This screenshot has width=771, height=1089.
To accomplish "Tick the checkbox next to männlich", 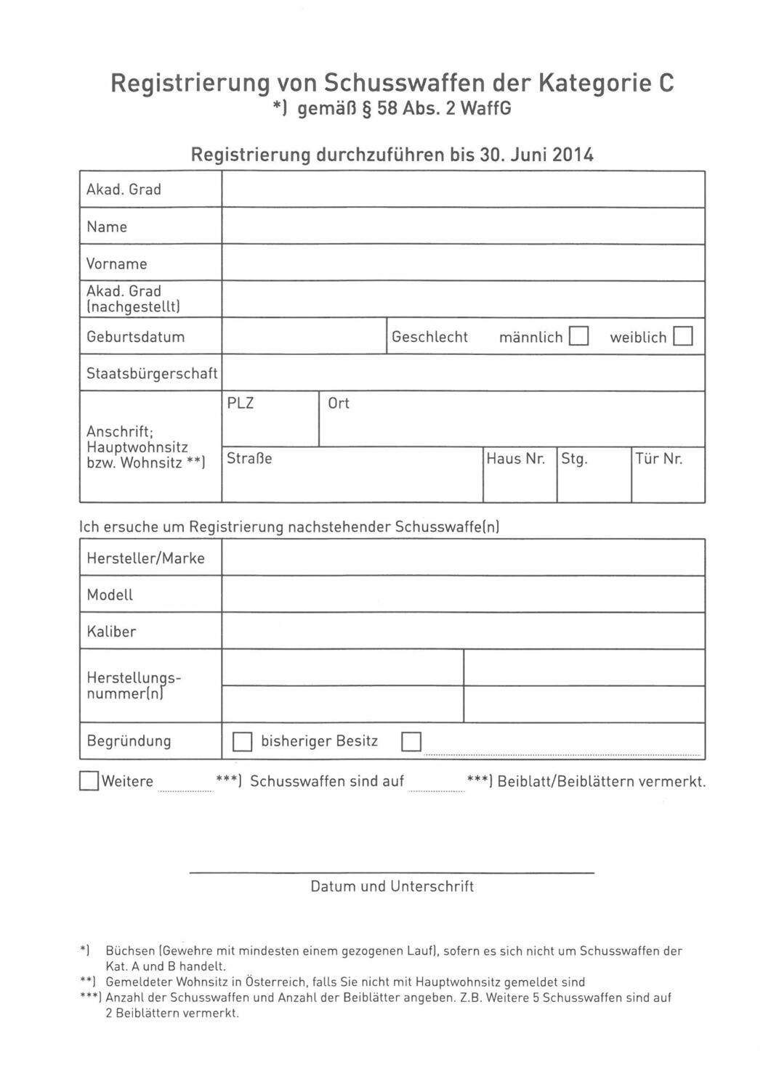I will [578, 337].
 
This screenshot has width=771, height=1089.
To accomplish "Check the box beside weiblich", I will [683, 337].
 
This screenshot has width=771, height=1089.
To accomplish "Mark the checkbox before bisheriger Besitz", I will [242, 742].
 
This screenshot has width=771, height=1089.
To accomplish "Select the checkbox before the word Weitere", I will [89, 781].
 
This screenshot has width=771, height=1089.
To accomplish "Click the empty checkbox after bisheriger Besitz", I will [411, 742].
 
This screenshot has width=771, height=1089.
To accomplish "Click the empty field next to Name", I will [463, 227].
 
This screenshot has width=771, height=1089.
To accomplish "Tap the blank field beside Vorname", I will [463, 263].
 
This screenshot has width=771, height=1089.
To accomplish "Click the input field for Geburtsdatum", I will [304, 337].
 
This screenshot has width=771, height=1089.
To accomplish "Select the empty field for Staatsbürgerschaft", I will [463, 373].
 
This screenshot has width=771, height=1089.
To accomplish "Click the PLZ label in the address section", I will [241, 404].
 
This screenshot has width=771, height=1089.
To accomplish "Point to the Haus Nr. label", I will [516, 459].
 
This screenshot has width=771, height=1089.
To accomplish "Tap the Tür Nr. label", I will [658, 459].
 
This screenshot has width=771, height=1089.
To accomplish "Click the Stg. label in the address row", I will [574, 459].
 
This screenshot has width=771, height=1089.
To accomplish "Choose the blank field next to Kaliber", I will [463, 631].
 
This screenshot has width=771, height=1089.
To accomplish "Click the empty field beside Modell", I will [463, 595].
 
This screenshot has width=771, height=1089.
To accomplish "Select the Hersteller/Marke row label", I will [145, 558].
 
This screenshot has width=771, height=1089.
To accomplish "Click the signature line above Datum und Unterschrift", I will [392, 872].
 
